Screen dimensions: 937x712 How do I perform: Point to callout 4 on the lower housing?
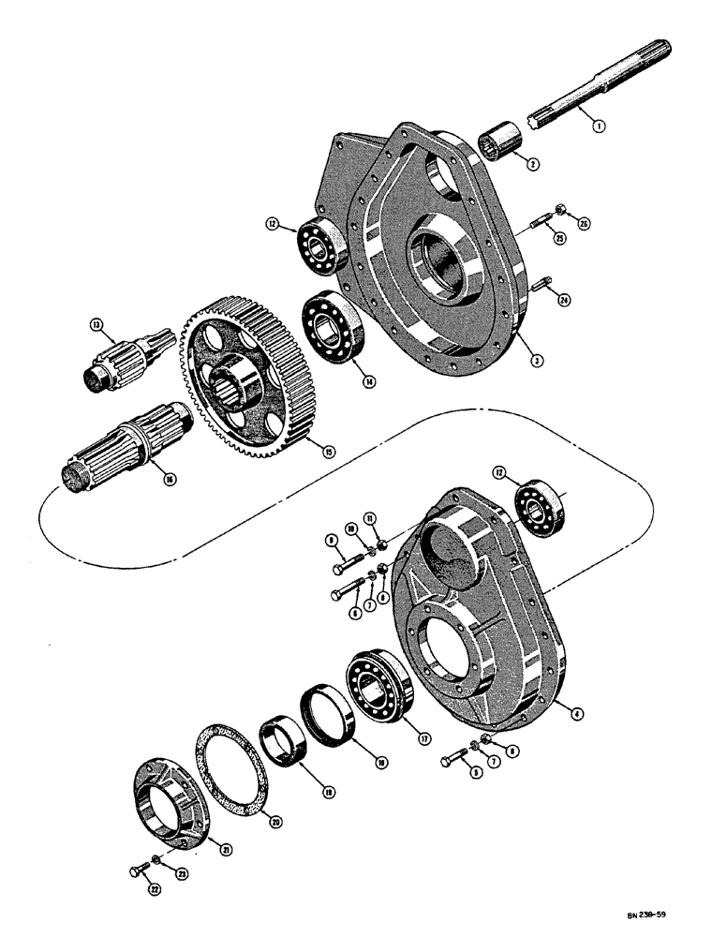tap(578, 714)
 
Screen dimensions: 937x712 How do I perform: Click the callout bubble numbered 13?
tap(96, 325)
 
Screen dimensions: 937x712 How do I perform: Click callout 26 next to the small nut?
tap(586, 222)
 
